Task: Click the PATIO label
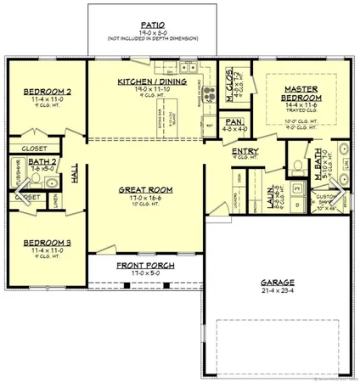pyautogui.click(x=148, y=25)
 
